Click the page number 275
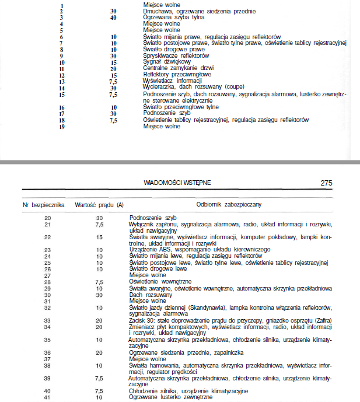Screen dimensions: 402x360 tap(326, 183)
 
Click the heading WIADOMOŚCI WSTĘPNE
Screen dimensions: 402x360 tap(177, 183)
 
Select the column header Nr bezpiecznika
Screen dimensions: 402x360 tap(44, 205)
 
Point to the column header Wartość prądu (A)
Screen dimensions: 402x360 tap(100, 205)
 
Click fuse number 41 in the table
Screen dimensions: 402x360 tap(48, 397)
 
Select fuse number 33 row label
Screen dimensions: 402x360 tap(48, 320)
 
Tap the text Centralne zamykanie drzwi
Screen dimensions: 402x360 tap(173, 68)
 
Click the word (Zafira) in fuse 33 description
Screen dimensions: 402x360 tap(321, 320)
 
